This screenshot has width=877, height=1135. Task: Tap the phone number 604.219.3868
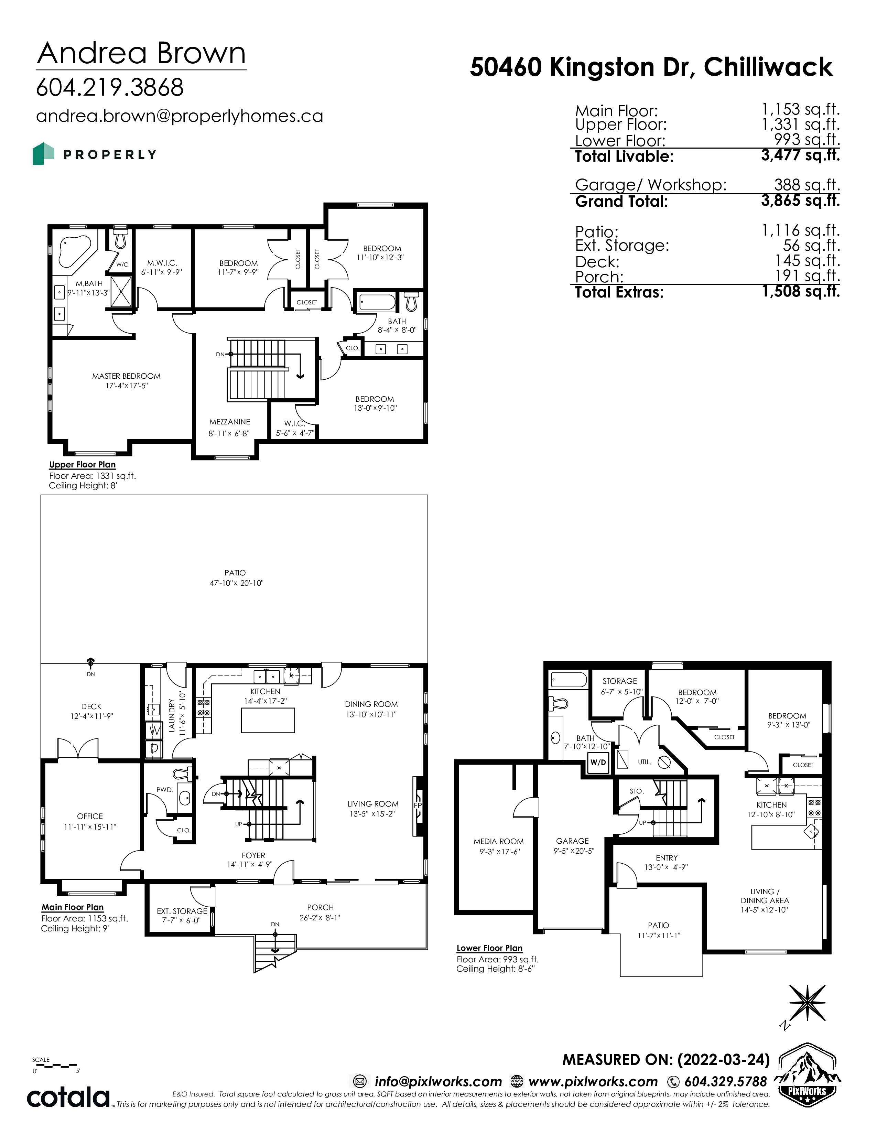pyautogui.click(x=110, y=87)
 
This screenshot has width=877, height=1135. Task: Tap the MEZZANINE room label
pyautogui.click(x=230, y=422)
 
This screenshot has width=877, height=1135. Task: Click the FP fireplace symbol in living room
pyautogui.click(x=418, y=806)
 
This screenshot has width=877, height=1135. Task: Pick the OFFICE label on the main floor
pyautogui.click(x=90, y=817)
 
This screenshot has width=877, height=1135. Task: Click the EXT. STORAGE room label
pyautogui.click(x=182, y=911)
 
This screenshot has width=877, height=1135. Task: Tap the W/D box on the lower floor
pyautogui.click(x=598, y=763)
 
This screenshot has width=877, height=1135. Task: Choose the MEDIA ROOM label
pyautogui.click(x=498, y=841)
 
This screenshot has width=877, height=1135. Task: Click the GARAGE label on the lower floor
pyautogui.click(x=572, y=841)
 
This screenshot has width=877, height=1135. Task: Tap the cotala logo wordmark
pyautogui.click(x=68, y=1097)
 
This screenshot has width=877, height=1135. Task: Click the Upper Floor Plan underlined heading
pyautogui.click(x=82, y=465)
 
